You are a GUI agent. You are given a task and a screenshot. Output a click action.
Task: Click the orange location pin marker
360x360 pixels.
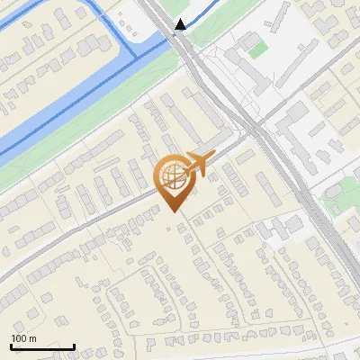(x=173, y=179)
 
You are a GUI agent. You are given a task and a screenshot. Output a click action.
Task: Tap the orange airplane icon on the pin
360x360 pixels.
(x=197, y=163)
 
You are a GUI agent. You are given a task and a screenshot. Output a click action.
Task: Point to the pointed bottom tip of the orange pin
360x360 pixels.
(x=173, y=211)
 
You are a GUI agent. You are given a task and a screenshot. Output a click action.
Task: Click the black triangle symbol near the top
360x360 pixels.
(x=181, y=24)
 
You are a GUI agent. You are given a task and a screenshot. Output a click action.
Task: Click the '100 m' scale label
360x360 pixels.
(x=23, y=338)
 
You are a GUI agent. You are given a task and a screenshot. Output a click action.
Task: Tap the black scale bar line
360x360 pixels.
(x=42, y=346)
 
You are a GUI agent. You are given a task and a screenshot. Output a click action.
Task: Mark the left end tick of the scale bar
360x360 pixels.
(x=11, y=345)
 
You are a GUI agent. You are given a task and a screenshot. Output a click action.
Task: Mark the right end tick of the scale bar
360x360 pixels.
(x=74, y=345)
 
